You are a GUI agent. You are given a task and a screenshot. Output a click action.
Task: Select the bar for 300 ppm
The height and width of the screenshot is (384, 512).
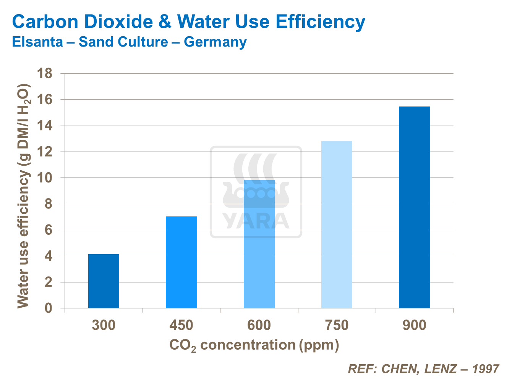pyautogui.click(x=104, y=281)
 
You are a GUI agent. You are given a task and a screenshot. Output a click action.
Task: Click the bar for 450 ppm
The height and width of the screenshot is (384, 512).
pyautogui.click(x=181, y=262)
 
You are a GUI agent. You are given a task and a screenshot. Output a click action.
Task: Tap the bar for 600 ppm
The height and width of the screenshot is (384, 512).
pyautogui.click(x=259, y=244)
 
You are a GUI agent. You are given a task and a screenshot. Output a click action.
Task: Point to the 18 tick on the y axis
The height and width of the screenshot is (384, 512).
pyautogui.click(x=45, y=73)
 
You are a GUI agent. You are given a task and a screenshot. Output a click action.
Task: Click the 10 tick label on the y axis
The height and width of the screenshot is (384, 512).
pyautogui.click(x=45, y=178)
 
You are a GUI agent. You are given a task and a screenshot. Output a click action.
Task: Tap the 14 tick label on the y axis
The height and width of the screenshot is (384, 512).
pyautogui.click(x=45, y=126)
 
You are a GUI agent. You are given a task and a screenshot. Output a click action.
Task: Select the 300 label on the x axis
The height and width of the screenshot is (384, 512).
pyautogui.click(x=104, y=325)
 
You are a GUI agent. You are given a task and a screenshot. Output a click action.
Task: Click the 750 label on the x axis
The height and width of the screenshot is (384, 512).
pyautogui.click(x=337, y=325)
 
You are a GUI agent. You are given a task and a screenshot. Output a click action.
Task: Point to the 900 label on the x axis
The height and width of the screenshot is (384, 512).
pyautogui.click(x=415, y=325)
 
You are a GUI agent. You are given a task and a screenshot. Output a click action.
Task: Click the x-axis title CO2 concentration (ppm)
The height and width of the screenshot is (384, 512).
pyautogui.click(x=254, y=345)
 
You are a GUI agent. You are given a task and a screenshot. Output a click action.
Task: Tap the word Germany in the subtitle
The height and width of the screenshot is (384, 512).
pyautogui.click(x=215, y=42)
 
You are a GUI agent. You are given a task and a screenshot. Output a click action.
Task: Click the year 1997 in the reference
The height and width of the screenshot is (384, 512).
pyautogui.click(x=486, y=369)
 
